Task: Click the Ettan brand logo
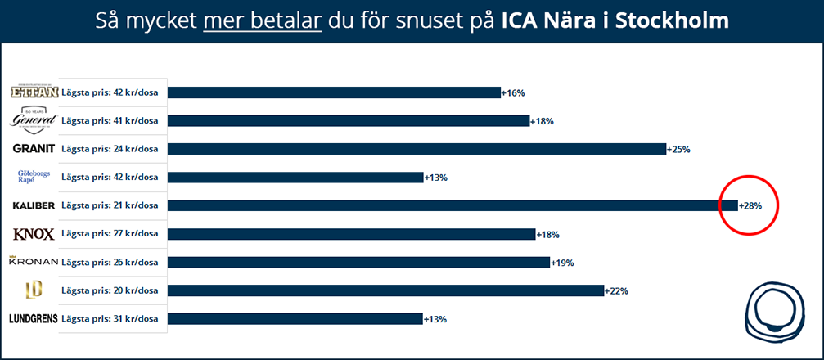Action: click(x=34, y=92)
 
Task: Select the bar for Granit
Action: click(x=417, y=149)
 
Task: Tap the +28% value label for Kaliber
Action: click(x=750, y=206)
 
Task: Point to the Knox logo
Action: click(x=34, y=235)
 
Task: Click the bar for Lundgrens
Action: click(x=295, y=319)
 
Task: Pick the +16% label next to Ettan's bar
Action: click(x=513, y=93)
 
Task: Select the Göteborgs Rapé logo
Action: click(x=34, y=178)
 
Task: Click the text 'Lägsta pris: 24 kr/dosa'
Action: click(x=110, y=149)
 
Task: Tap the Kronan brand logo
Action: click(x=33, y=262)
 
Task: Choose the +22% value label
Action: click(x=616, y=291)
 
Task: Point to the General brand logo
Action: click(x=34, y=120)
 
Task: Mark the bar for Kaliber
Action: click(x=453, y=206)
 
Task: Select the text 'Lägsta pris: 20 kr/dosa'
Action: click(x=110, y=290)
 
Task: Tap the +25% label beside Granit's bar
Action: click(x=679, y=150)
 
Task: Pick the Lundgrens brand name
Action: click(x=34, y=319)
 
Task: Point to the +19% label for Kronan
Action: click(x=562, y=263)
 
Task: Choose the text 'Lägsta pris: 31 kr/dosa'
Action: click(x=110, y=319)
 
